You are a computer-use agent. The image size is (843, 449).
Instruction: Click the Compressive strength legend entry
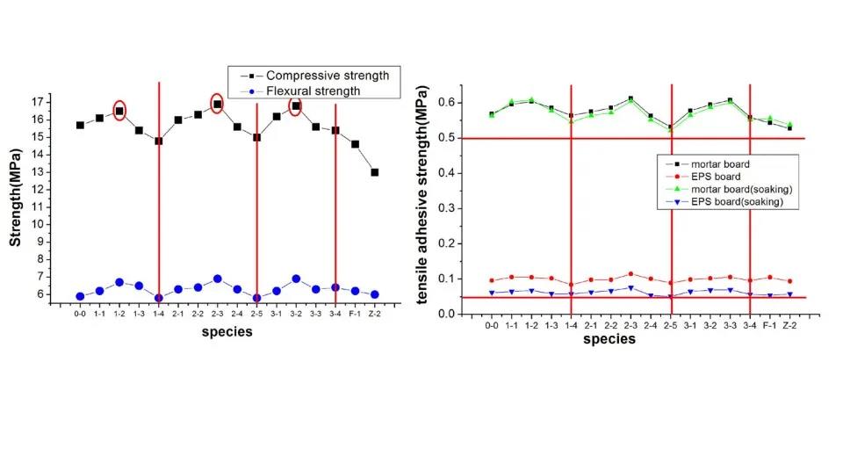[x=315, y=76]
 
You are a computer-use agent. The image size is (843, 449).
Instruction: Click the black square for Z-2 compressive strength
[x=375, y=172]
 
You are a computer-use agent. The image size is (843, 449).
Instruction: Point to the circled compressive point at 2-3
[x=217, y=105]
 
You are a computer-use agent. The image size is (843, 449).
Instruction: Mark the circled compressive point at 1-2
[x=119, y=112]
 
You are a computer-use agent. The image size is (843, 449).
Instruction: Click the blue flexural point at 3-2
[x=296, y=279]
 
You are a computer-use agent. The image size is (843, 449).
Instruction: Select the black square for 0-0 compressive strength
[x=80, y=126]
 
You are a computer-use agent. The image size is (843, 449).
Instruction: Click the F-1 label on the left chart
[x=355, y=314]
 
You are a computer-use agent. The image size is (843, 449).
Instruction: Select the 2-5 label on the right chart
[x=670, y=325]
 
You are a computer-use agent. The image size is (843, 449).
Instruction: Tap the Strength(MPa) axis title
[x=15, y=198]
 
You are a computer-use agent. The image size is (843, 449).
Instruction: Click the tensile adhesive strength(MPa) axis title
[x=422, y=195]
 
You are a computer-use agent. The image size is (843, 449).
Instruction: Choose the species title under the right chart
[x=609, y=339]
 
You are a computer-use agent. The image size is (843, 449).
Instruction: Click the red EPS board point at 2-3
[x=630, y=273]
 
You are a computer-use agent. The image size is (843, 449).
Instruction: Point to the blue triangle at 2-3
[x=630, y=288]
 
